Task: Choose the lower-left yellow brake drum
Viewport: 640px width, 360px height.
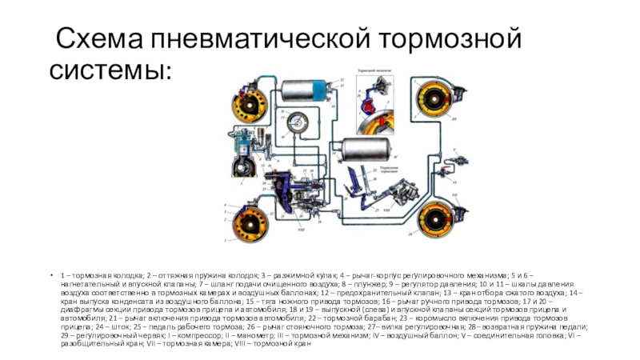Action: pos(244,222)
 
